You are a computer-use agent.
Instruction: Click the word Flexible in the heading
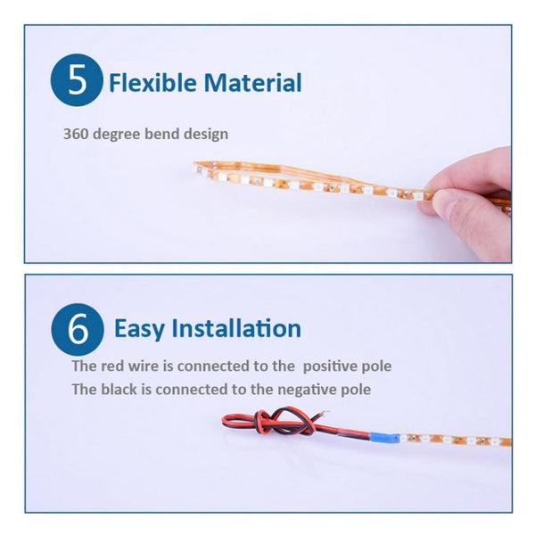(152, 84)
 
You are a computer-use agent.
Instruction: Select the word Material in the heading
(253, 84)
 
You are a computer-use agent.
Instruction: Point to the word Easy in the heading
(139, 328)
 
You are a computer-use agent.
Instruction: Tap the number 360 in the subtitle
(74, 134)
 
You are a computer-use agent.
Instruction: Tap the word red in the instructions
(111, 366)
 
